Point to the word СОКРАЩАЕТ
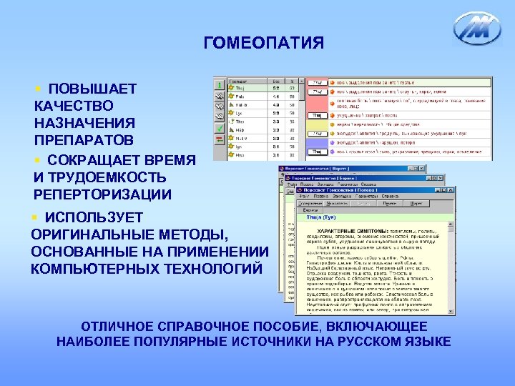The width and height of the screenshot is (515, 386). pos(99,160)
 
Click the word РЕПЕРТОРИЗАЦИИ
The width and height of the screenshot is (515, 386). pos(102,194)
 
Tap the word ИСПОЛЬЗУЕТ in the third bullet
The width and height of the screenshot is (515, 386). pos(84,217)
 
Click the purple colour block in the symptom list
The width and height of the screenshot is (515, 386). pos(316,144)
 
